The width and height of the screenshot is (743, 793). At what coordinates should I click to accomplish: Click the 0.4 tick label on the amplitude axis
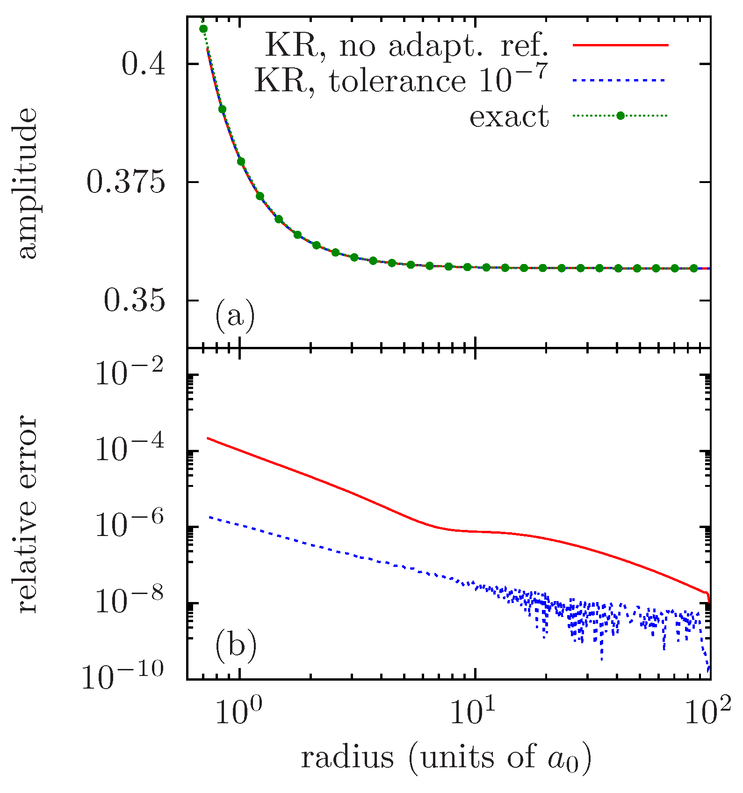[144, 64]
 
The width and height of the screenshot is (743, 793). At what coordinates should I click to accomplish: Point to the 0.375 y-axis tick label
[126, 182]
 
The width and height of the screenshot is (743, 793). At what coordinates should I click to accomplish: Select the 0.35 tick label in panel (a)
[135, 301]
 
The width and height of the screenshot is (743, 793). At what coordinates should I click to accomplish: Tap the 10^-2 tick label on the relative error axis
[130, 372]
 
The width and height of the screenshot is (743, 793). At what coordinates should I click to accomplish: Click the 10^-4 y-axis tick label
[130, 448]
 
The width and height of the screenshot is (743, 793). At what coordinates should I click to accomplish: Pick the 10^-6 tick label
[130, 525]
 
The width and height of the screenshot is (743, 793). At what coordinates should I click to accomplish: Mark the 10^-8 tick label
[130, 601]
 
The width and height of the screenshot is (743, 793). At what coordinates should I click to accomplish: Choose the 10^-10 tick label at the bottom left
[123, 677]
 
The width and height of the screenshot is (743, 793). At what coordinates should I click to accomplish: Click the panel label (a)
[235, 317]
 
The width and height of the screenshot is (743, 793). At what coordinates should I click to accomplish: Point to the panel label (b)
[236, 646]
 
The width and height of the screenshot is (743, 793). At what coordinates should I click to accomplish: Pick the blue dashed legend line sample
[619, 81]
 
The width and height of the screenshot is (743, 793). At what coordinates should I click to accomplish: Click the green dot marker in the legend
[620, 116]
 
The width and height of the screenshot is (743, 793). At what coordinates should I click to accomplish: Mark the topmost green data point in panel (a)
[203, 29]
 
